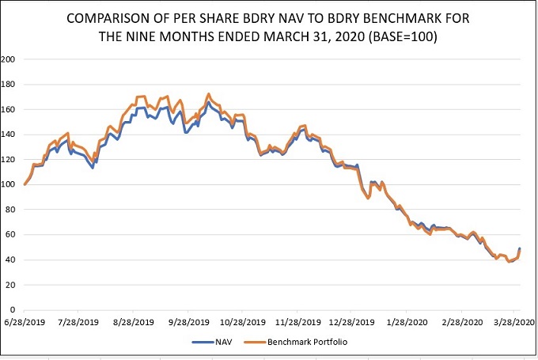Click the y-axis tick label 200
point(9,59)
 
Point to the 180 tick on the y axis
point(9,85)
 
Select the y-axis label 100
point(9,184)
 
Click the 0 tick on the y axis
point(14,309)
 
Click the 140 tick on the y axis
point(9,135)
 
